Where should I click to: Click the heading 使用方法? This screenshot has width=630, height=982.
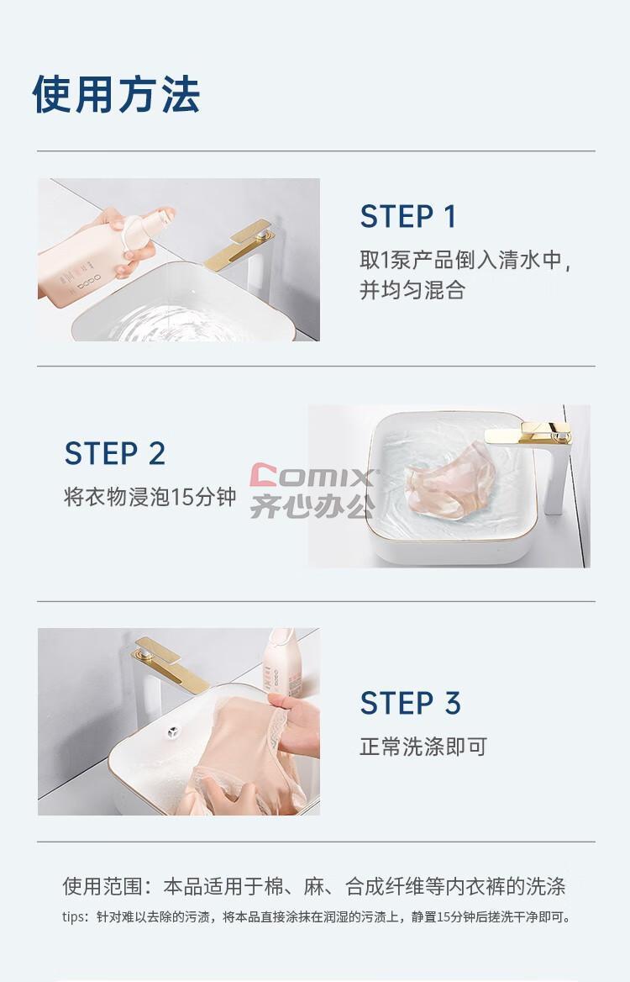pyautogui.click(x=117, y=94)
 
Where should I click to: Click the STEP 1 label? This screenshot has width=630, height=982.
pyautogui.click(x=408, y=217)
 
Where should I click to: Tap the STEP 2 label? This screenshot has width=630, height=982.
pyautogui.click(x=115, y=453)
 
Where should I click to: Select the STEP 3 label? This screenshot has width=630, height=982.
pyautogui.click(x=411, y=703)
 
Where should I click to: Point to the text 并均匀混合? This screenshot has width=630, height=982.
pyautogui.click(x=412, y=290)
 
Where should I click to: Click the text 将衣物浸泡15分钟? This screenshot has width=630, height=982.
pyautogui.click(x=150, y=497)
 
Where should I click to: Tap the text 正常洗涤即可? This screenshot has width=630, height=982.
pyautogui.click(x=423, y=747)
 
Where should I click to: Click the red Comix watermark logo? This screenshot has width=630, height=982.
pyautogui.click(x=313, y=476)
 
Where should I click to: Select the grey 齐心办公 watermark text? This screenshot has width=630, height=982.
pyautogui.click(x=312, y=505)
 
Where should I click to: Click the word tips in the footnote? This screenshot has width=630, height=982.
pyautogui.click(x=75, y=917)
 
